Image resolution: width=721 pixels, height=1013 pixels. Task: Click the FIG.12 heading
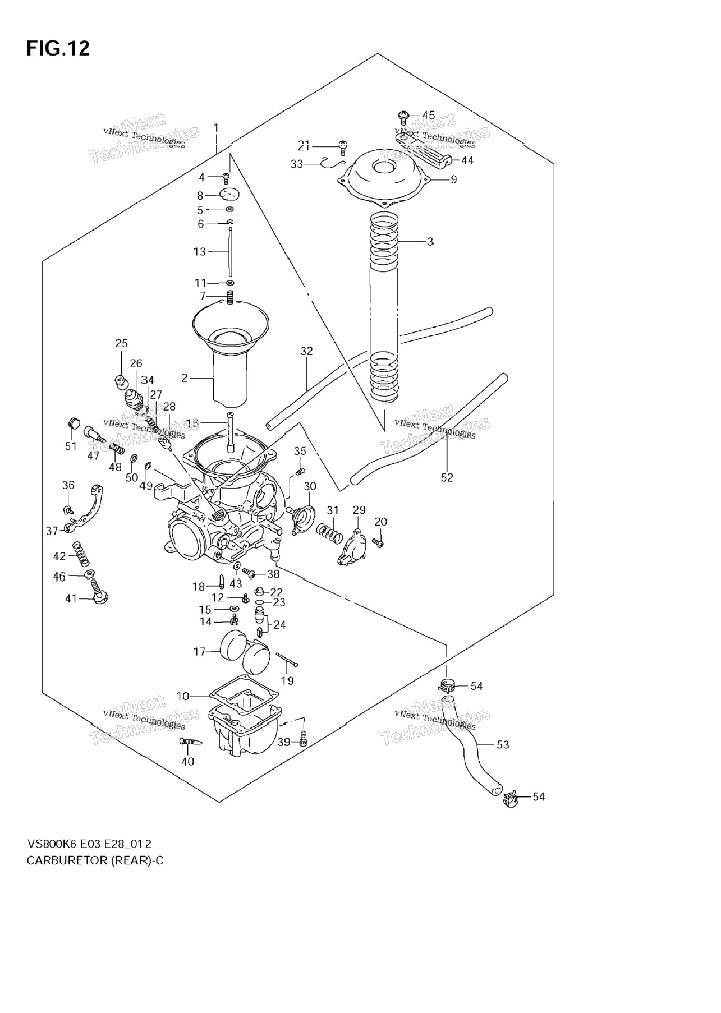click(58, 49)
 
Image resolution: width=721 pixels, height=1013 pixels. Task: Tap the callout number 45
click(429, 116)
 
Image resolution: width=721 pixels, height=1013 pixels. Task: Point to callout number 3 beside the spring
click(430, 242)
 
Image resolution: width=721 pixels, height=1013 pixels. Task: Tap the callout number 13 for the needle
click(200, 252)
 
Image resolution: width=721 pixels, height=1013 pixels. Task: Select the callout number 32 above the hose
click(306, 352)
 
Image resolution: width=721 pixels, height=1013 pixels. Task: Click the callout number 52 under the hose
click(447, 478)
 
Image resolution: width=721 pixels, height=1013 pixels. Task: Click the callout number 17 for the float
click(200, 652)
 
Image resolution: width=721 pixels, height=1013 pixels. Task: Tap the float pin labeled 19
click(286, 660)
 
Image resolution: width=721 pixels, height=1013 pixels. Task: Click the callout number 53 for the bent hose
click(503, 745)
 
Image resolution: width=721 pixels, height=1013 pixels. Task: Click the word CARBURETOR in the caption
click(62, 860)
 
